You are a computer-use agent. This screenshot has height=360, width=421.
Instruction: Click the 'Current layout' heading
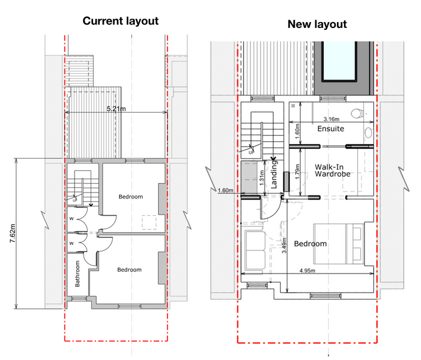click(120, 21)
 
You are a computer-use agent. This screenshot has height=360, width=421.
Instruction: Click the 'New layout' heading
click(317, 24)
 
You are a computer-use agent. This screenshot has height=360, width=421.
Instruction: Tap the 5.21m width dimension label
click(116, 109)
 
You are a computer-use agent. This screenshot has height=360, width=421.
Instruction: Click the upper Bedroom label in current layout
click(130, 197)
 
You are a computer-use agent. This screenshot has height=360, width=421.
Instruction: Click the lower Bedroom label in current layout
click(129, 270)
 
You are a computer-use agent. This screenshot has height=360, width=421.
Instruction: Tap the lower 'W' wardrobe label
click(71, 243)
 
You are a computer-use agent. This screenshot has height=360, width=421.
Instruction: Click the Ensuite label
click(330, 129)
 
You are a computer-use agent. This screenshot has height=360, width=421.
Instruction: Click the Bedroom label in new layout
click(310, 244)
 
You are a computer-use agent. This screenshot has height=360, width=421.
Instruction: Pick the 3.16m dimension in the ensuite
click(335, 118)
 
